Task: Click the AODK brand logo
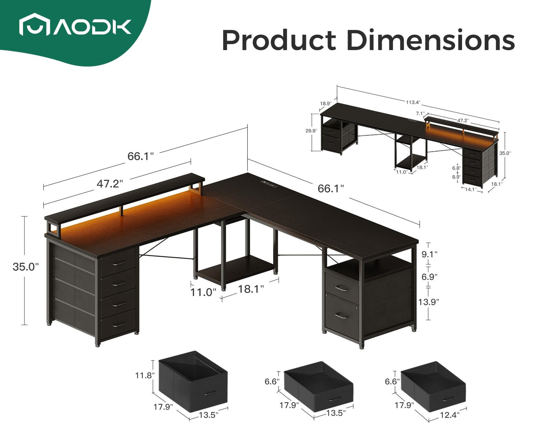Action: click(75, 26)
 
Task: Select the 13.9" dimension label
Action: click(429, 302)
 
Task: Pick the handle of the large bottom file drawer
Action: click(342, 316)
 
